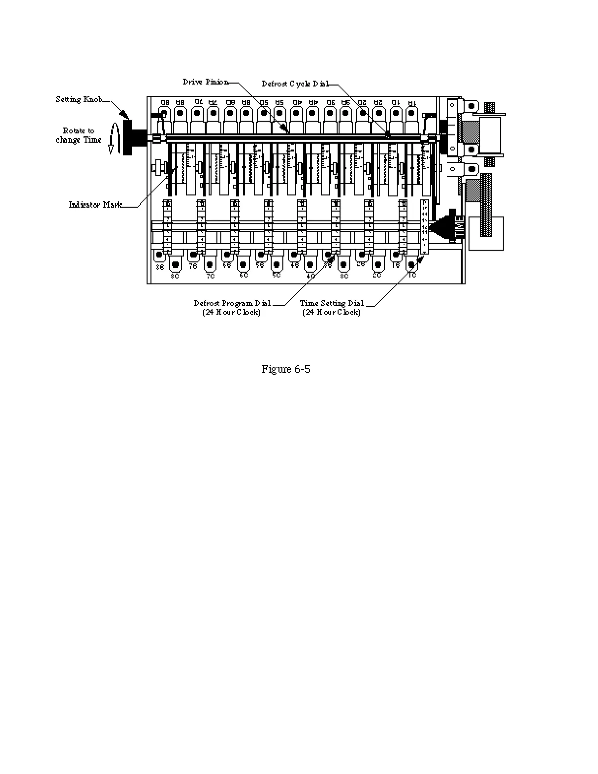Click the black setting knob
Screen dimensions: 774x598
[128, 137]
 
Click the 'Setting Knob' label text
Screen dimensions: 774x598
[79, 100]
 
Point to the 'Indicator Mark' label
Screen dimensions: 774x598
[95, 205]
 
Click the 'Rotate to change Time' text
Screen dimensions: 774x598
[79, 135]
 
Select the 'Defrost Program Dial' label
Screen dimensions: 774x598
[232, 303]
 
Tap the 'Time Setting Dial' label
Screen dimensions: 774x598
[332, 303]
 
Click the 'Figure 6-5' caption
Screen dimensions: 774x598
[286, 369]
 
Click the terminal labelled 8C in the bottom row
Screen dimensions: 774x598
[175, 265]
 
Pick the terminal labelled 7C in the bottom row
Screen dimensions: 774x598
[209, 265]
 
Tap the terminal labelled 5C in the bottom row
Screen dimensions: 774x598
[277, 265]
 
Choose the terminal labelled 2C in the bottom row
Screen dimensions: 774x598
[377, 265]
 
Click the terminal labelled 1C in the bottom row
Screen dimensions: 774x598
[412, 265]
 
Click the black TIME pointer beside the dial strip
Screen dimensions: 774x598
[447, 228]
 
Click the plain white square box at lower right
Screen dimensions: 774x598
[486, 234]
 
